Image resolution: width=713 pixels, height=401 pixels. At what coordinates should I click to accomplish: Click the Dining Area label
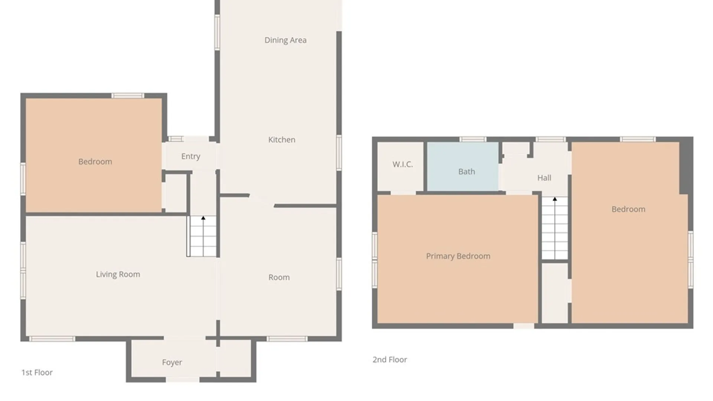[285, 40]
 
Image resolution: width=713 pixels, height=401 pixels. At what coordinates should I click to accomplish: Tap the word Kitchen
[281, 140]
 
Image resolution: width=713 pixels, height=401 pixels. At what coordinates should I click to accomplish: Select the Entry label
[191, 156]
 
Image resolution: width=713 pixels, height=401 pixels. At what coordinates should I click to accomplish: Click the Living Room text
[118, 274]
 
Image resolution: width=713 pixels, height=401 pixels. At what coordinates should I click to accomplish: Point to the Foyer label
[172, 362]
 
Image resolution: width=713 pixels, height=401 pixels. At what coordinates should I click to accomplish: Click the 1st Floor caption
[37, 372]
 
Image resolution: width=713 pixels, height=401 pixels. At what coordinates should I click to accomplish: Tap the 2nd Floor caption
[390, 359]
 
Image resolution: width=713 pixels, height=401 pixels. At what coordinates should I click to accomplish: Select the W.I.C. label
[403, 164]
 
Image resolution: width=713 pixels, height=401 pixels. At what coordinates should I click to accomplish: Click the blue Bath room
[463, 167]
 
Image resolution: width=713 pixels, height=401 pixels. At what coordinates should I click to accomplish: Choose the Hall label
[544, 178]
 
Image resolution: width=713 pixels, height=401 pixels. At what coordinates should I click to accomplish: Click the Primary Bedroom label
[458, 256]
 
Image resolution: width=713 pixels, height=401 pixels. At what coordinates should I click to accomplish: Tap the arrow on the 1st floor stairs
[203, 218]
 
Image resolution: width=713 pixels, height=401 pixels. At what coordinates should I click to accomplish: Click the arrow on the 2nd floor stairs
[555, 199]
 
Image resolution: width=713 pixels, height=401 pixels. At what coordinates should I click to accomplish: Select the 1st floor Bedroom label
[95, 162]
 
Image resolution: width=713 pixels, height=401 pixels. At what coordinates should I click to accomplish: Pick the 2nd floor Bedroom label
[628, 209]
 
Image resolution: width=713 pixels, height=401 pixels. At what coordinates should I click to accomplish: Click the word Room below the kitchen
[279, 277]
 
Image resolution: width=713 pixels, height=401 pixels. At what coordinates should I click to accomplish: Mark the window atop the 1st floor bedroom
[128, 96]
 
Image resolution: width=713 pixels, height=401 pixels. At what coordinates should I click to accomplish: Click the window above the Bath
[473, 140]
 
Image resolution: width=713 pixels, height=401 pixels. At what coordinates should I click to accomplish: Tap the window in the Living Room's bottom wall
[52, 339]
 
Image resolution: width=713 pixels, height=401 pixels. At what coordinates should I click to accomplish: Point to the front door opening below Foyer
[182, 379]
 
